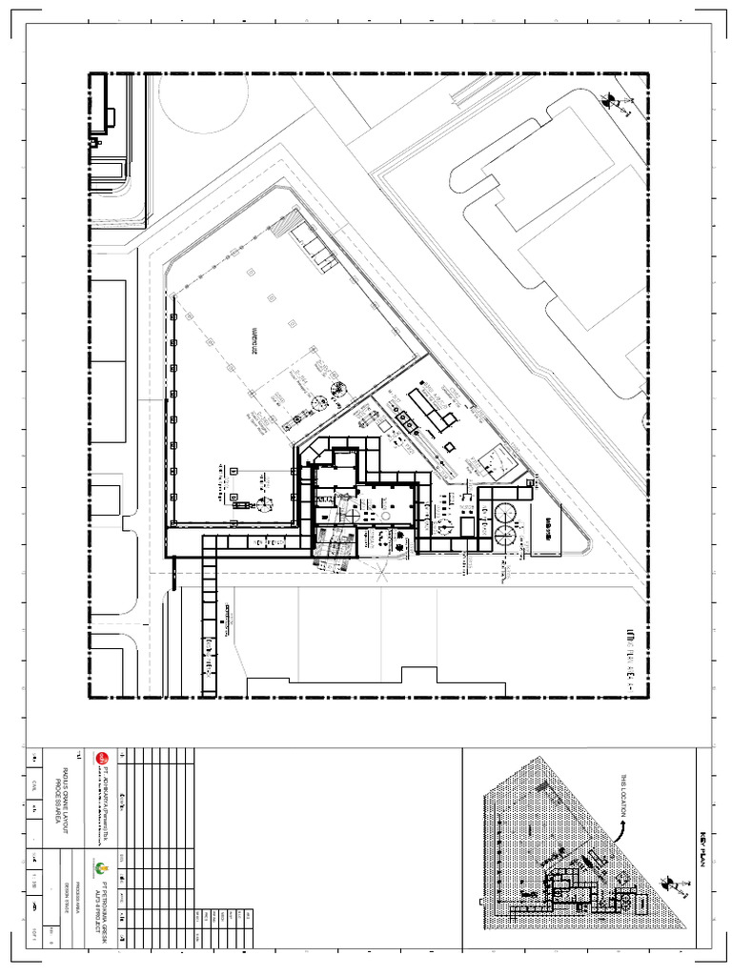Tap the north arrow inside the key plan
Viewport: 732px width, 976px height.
pos(679,886)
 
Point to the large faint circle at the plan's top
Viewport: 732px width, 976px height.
pos(203,100)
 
